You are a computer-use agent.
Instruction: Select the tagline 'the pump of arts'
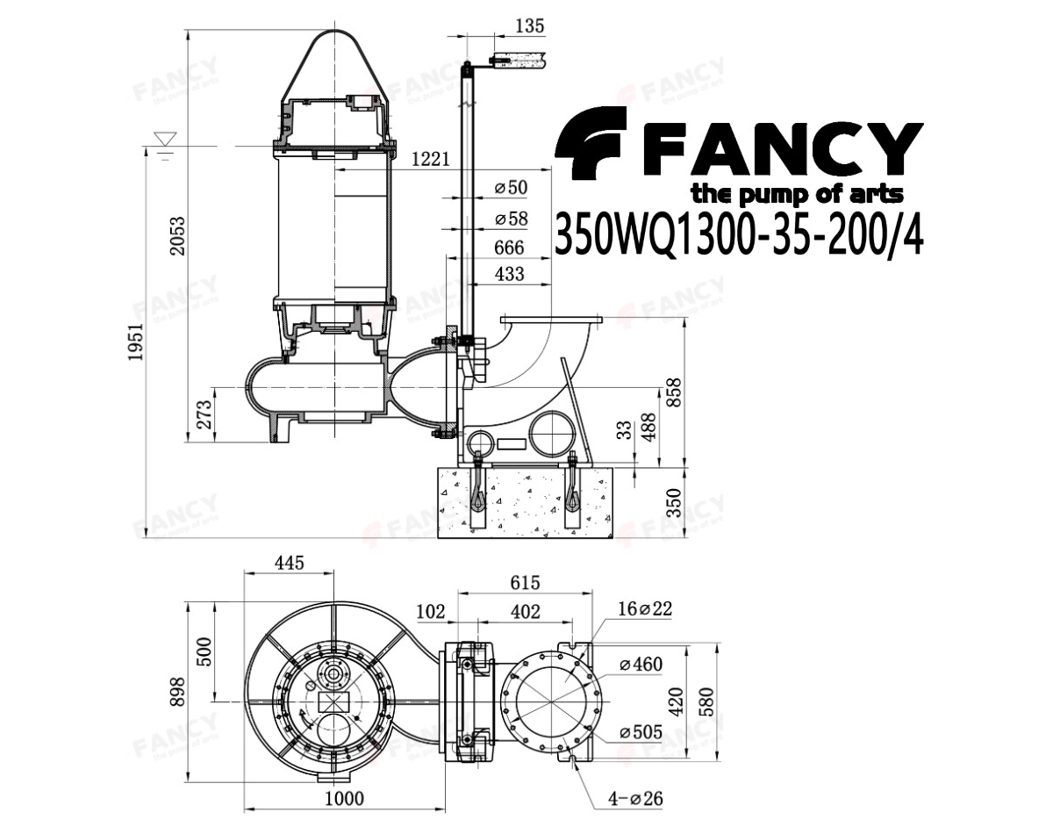pos(797,195)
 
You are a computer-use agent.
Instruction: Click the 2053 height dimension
pos(178,235)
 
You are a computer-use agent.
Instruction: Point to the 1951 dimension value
pos(135,342)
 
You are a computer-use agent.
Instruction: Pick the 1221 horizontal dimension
pos(431,159)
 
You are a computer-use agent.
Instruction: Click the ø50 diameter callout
pos(511,188)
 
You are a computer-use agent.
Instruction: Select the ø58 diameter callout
pos(511,219)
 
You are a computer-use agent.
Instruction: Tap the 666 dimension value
pos(509,248)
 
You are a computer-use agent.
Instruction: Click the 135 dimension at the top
pos(530,26)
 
